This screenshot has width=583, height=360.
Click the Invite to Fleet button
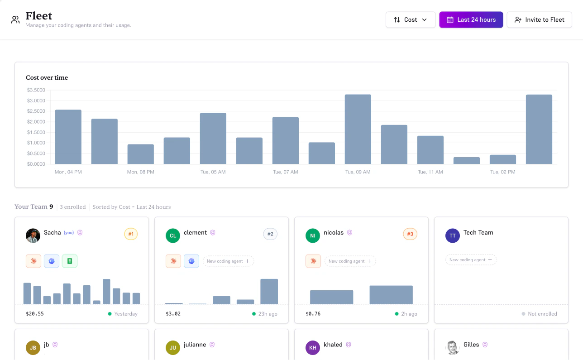[539, 19]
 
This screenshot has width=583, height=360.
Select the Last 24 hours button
[471, 19]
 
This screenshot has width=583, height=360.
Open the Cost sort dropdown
[410, 19]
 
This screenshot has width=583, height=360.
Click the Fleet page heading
[39, 16]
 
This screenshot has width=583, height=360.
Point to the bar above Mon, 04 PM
[68, 137]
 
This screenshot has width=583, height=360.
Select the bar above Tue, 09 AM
[358, 129]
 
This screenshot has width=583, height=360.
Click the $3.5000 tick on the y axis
[36, 90]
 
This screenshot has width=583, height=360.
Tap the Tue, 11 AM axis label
[430, 172]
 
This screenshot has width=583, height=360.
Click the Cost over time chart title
[47, 77]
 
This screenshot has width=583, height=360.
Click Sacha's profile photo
[33, 235]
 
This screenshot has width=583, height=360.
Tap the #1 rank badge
[131, 234]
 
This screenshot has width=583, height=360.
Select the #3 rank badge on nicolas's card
[410, 234]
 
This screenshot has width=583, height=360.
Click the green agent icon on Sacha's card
[70, 261]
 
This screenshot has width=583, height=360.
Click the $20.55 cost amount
[35, 314]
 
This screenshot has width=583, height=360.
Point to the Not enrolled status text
[542, 314]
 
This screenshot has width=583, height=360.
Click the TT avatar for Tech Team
[453, 235]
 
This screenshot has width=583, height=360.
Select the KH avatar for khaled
[313, 347]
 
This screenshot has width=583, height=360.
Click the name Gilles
[471, 345]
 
